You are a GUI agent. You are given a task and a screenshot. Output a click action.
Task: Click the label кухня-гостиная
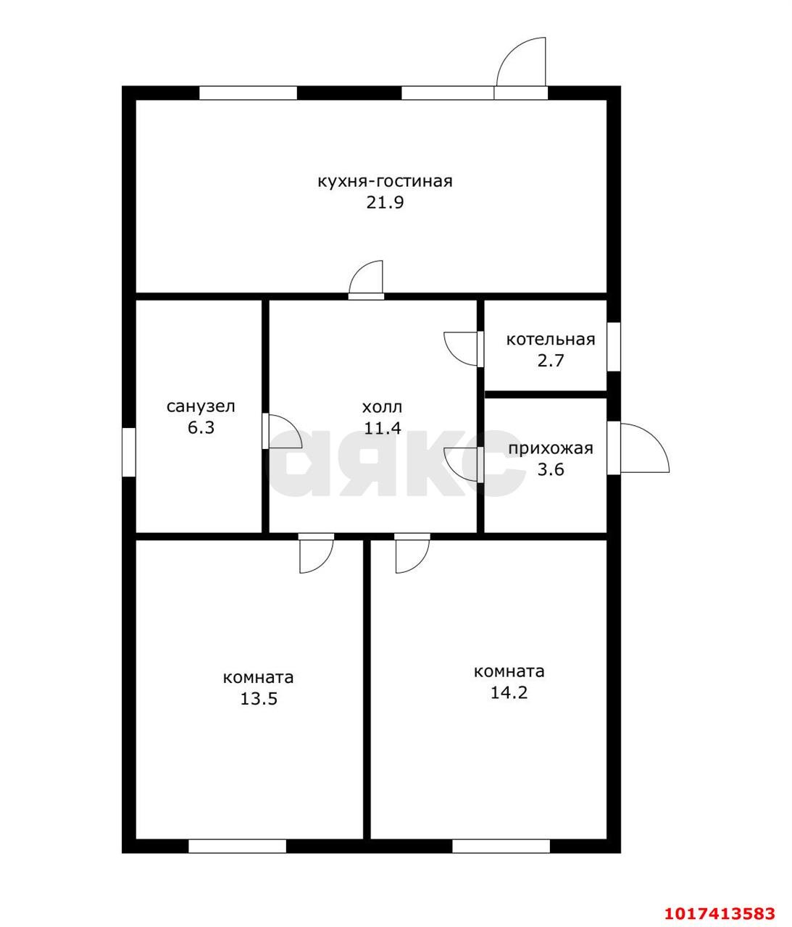click(385, 182)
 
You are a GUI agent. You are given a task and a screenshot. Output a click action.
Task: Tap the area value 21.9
click(385, 203)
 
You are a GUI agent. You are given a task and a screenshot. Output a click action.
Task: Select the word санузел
click(201, 406)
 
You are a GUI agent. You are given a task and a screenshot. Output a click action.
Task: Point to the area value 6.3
click(201, 427)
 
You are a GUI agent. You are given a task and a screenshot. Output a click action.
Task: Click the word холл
click(382, 407)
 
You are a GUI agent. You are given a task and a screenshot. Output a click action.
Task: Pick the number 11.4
click(382, 428)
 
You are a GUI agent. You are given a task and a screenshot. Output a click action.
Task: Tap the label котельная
click(551, 340)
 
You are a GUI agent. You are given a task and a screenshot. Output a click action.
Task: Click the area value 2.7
click(551, 361)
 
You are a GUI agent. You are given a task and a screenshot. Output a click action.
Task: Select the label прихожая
click(551, 448)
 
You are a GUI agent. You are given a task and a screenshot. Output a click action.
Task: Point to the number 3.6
click(551, 469)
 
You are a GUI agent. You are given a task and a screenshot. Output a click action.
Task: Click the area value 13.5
click(259, 699)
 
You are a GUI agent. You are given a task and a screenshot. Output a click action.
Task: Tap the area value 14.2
click(509, 693)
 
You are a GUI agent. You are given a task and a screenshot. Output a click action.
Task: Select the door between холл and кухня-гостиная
click(366, 280)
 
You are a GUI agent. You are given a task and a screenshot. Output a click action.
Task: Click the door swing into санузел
click(282, 431)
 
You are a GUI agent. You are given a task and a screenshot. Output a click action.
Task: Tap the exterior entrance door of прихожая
click(638, 448)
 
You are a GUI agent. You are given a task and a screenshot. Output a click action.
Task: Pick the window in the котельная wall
click(614, 347)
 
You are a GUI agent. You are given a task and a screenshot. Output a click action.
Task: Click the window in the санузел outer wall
click(129, 452)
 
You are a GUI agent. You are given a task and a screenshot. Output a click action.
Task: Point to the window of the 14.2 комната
click(501, 847)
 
